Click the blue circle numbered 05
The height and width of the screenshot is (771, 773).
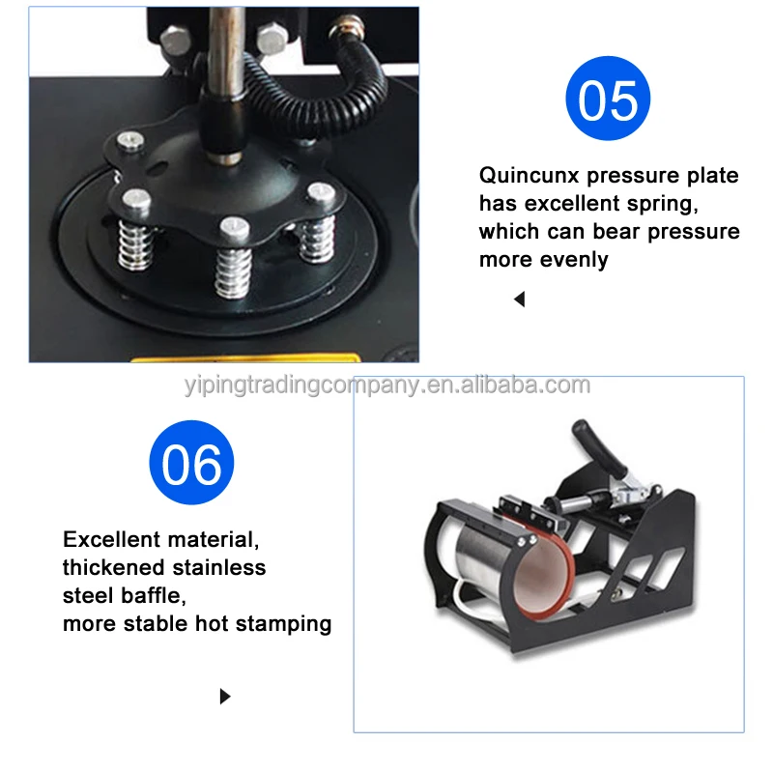607,99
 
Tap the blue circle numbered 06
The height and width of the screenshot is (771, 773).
191,463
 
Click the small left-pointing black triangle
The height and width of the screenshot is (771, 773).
519,300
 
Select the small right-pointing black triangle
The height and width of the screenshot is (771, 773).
225,696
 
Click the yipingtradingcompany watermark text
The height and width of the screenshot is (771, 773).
386,386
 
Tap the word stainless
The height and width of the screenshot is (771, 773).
221,567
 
